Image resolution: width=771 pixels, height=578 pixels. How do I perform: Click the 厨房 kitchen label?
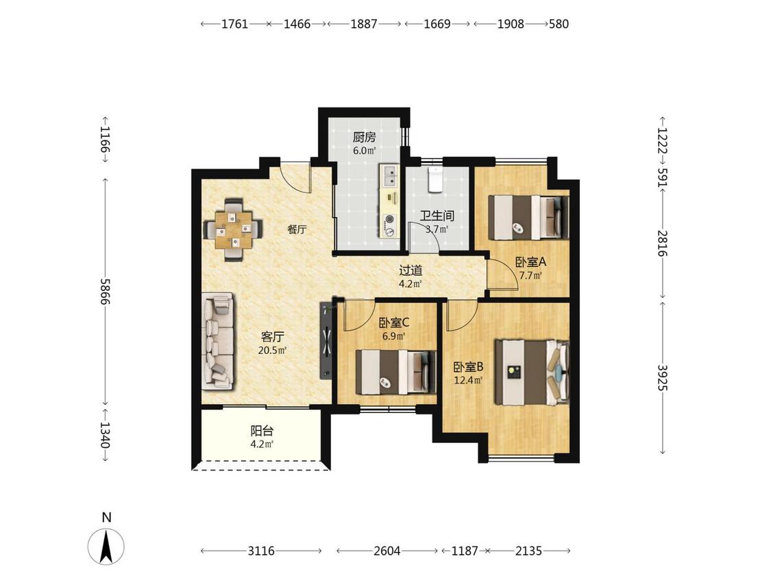click(364, 138)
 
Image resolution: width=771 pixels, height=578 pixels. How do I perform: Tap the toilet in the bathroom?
click(435, 179)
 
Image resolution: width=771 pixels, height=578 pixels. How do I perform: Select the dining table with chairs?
click(234, 229)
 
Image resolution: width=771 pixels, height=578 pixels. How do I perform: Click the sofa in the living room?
click(217, 341)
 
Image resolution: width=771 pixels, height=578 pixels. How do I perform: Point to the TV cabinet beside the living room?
click(326, 340)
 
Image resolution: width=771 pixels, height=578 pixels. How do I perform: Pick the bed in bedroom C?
click(396, 372)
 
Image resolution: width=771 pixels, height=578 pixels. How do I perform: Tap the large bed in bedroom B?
click(532, 372)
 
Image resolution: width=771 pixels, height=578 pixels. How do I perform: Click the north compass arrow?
click(106, 546)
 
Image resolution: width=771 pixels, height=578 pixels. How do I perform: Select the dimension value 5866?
click(106, 292)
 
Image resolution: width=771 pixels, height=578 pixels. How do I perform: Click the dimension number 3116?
click(261, 551)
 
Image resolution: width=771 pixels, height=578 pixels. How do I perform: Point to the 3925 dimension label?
click(662, 377)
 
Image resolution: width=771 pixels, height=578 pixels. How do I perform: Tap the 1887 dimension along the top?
click(364, 23)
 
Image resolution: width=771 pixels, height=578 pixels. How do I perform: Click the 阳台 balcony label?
click(262, 431)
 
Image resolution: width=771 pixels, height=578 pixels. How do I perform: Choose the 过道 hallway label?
click(411, 271)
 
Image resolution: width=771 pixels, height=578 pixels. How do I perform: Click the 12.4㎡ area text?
click(468, 380)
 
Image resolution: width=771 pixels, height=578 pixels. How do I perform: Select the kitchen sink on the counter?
click(389, 176)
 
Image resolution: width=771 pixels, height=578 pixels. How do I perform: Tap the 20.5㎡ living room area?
click(272, 351)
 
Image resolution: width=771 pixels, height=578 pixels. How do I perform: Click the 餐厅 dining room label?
click(297, 229)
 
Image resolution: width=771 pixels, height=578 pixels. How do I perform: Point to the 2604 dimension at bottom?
click(387, 551)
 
